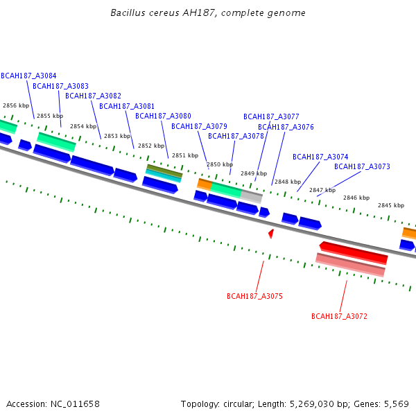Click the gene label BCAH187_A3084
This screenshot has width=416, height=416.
(x=29, y=76)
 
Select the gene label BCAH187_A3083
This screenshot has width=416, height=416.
(x=61, y=86)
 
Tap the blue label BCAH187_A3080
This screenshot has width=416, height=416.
(x=163, y=116)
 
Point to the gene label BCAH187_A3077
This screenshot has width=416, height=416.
(x=271, y=116)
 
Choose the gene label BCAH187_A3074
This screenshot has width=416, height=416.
(x=320, y=157)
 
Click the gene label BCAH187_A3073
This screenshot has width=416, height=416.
(x=362, y=166)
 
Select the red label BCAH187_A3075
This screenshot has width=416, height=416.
(x=254, y=296)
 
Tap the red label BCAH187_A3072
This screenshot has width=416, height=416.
(x=339, y=316)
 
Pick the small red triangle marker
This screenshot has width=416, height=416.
(x=271, y=234)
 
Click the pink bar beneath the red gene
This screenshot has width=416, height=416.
(x=350, y=265)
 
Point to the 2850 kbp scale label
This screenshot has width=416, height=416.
(x=219, y=164)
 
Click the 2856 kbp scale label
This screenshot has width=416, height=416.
(x=16, y=105)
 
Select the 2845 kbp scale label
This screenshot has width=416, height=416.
(x=390, y=205)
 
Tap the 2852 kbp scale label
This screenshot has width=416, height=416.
(x=150, y=146)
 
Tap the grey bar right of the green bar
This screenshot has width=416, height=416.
(x=252, y=196)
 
